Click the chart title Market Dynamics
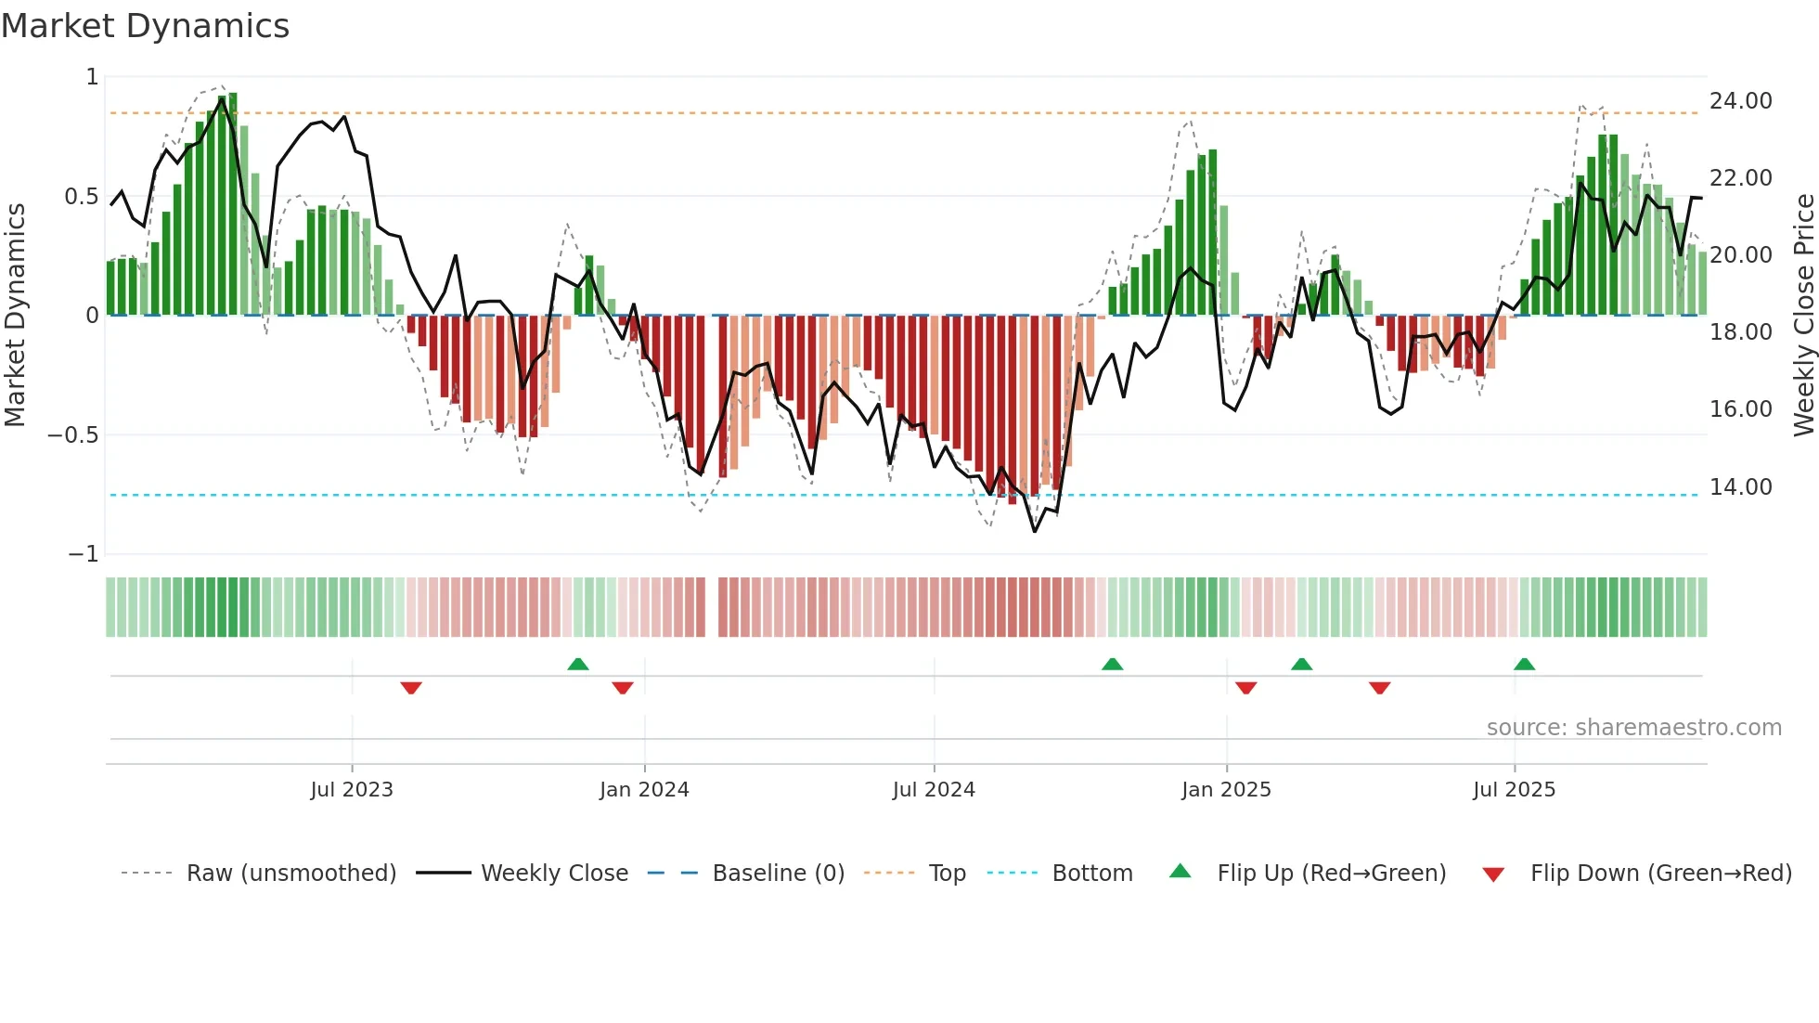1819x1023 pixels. (145, 26)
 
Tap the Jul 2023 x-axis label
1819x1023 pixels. (352, 790)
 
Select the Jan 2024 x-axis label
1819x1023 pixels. (644, 790)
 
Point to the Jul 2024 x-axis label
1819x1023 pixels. (934, 790)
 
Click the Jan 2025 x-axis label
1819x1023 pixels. (1226, 790)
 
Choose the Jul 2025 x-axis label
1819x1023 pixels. (1514, 790)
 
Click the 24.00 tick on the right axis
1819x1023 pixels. (1740, 101)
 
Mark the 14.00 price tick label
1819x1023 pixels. (1740, 487)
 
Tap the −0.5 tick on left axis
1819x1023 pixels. (72, 435)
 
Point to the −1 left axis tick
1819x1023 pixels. (83, 554)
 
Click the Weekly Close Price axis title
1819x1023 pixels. (1803, 316)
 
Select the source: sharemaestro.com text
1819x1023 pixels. (1633, 728)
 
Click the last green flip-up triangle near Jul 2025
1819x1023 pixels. (1524, 664)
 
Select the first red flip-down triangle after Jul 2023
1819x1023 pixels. (411, 687)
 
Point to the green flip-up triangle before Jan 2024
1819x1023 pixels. (578, 664)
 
